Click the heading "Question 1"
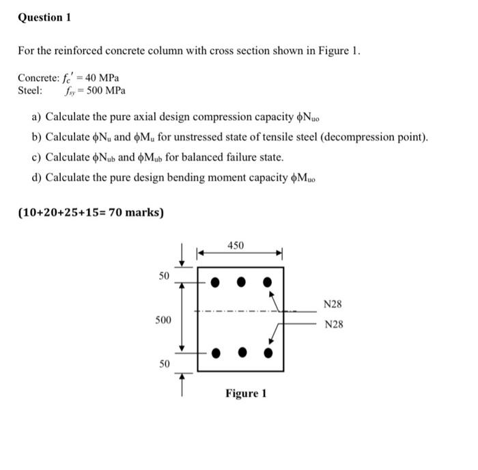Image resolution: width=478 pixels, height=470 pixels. (x=44, y=17)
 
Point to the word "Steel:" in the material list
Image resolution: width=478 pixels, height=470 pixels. (x=30, y=90)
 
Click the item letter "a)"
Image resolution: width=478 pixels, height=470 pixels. (x=38, y=117)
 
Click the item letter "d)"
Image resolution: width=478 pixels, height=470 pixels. (x=38, y=178)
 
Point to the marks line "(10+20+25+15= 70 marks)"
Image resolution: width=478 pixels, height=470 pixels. (x=91, y=212)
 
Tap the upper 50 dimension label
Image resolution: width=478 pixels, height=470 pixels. (x=164, y=276)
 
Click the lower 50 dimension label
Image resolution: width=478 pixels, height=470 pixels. (x=164, y=364)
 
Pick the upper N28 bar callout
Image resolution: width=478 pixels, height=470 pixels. (x=333, y=303)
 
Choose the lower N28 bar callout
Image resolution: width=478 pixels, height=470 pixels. (x=333, y=324)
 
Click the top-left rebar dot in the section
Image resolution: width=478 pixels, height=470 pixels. (x=214, y=281)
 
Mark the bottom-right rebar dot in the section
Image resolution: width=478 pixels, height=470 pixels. (x=268, y=353)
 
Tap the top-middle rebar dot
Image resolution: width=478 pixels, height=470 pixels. (x=241, y=281)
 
